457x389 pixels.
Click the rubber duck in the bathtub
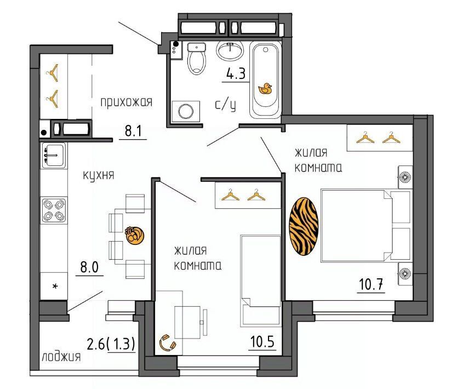[265, 89]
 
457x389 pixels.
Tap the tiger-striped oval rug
[304, 226]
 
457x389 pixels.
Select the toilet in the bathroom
[196, 58]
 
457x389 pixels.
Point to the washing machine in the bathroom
[186, 111]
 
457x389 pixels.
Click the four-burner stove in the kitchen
[54, 210]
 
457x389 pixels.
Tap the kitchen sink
[54, 155]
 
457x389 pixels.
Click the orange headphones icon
[167, 342]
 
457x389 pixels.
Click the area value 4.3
[236, 74]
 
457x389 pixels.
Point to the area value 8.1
[133, 131]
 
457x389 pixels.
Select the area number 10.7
[371, 284]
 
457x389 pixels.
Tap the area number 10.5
[262, 342]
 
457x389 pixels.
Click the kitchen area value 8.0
[90, 267]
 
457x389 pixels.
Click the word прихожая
[126, 103]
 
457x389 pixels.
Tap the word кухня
[99, 175]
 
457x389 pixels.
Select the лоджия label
[61, 356]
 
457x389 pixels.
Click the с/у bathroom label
[225, 105]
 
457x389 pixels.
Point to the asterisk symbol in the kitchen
[55, 286]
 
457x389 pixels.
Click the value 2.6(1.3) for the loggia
[111, 345]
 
